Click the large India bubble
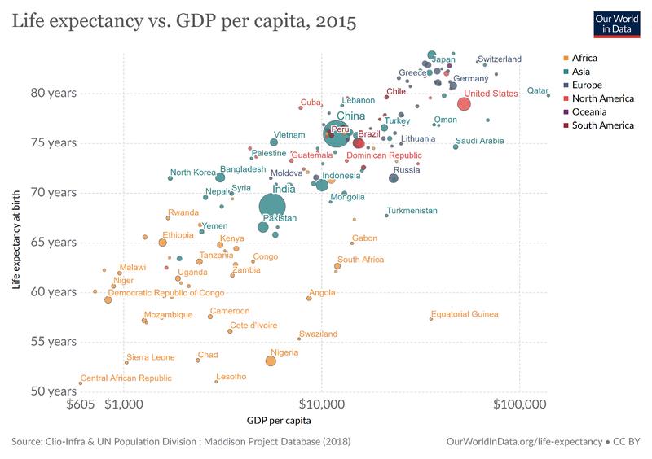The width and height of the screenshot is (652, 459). click(x=272, y=207)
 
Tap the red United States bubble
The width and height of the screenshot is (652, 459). click(x=464, y=104)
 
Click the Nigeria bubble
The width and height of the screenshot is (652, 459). click(x=271, y=361)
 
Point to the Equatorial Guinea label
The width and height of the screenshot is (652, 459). click(x=465, y=314)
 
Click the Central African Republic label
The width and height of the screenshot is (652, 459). click(x=126, y=378)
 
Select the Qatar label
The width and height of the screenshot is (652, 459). click(x=537, y=90)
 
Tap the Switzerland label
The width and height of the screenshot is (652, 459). click(x=500, y=59)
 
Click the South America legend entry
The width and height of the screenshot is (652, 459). click(x=602, y=125)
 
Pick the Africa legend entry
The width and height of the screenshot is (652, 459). click(x=584, y=58)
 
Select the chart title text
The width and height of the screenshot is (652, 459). click(x=183, y=22)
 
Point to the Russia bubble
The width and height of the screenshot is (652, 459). click(x=394, y=178)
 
